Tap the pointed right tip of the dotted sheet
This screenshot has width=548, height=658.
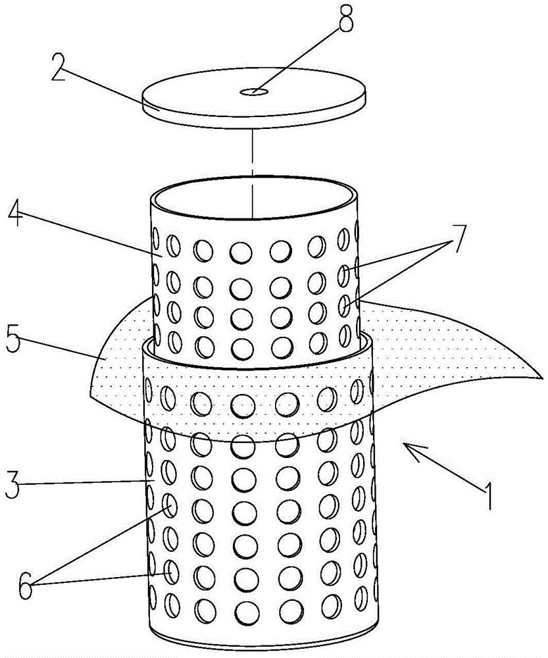point(539,378)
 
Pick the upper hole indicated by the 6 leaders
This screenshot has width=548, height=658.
point(170,505)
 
